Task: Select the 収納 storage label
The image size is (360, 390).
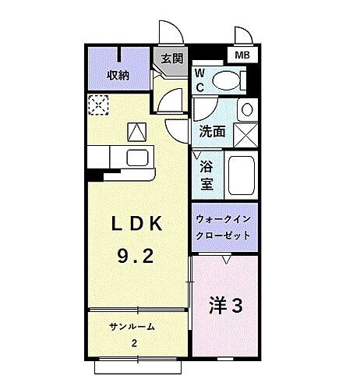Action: pyautogui.click(x=118, y=76)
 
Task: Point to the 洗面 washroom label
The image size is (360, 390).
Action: pyautogui.click(x=212, y=131)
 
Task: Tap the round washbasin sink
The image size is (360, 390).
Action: pyautogui.click(x=246, y=109)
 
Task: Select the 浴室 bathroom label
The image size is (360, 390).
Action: pyautogui.click(x=206, y=175)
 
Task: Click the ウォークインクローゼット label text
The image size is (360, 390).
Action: pyautogui.click(x=224, y=227)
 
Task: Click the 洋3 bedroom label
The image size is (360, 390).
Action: pyautogui.click(x=224, y=306)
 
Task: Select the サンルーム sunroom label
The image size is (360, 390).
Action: pyautogui.click(x=132, y=327)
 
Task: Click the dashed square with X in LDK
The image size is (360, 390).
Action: pyautogui.click(x=99, y=104)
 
